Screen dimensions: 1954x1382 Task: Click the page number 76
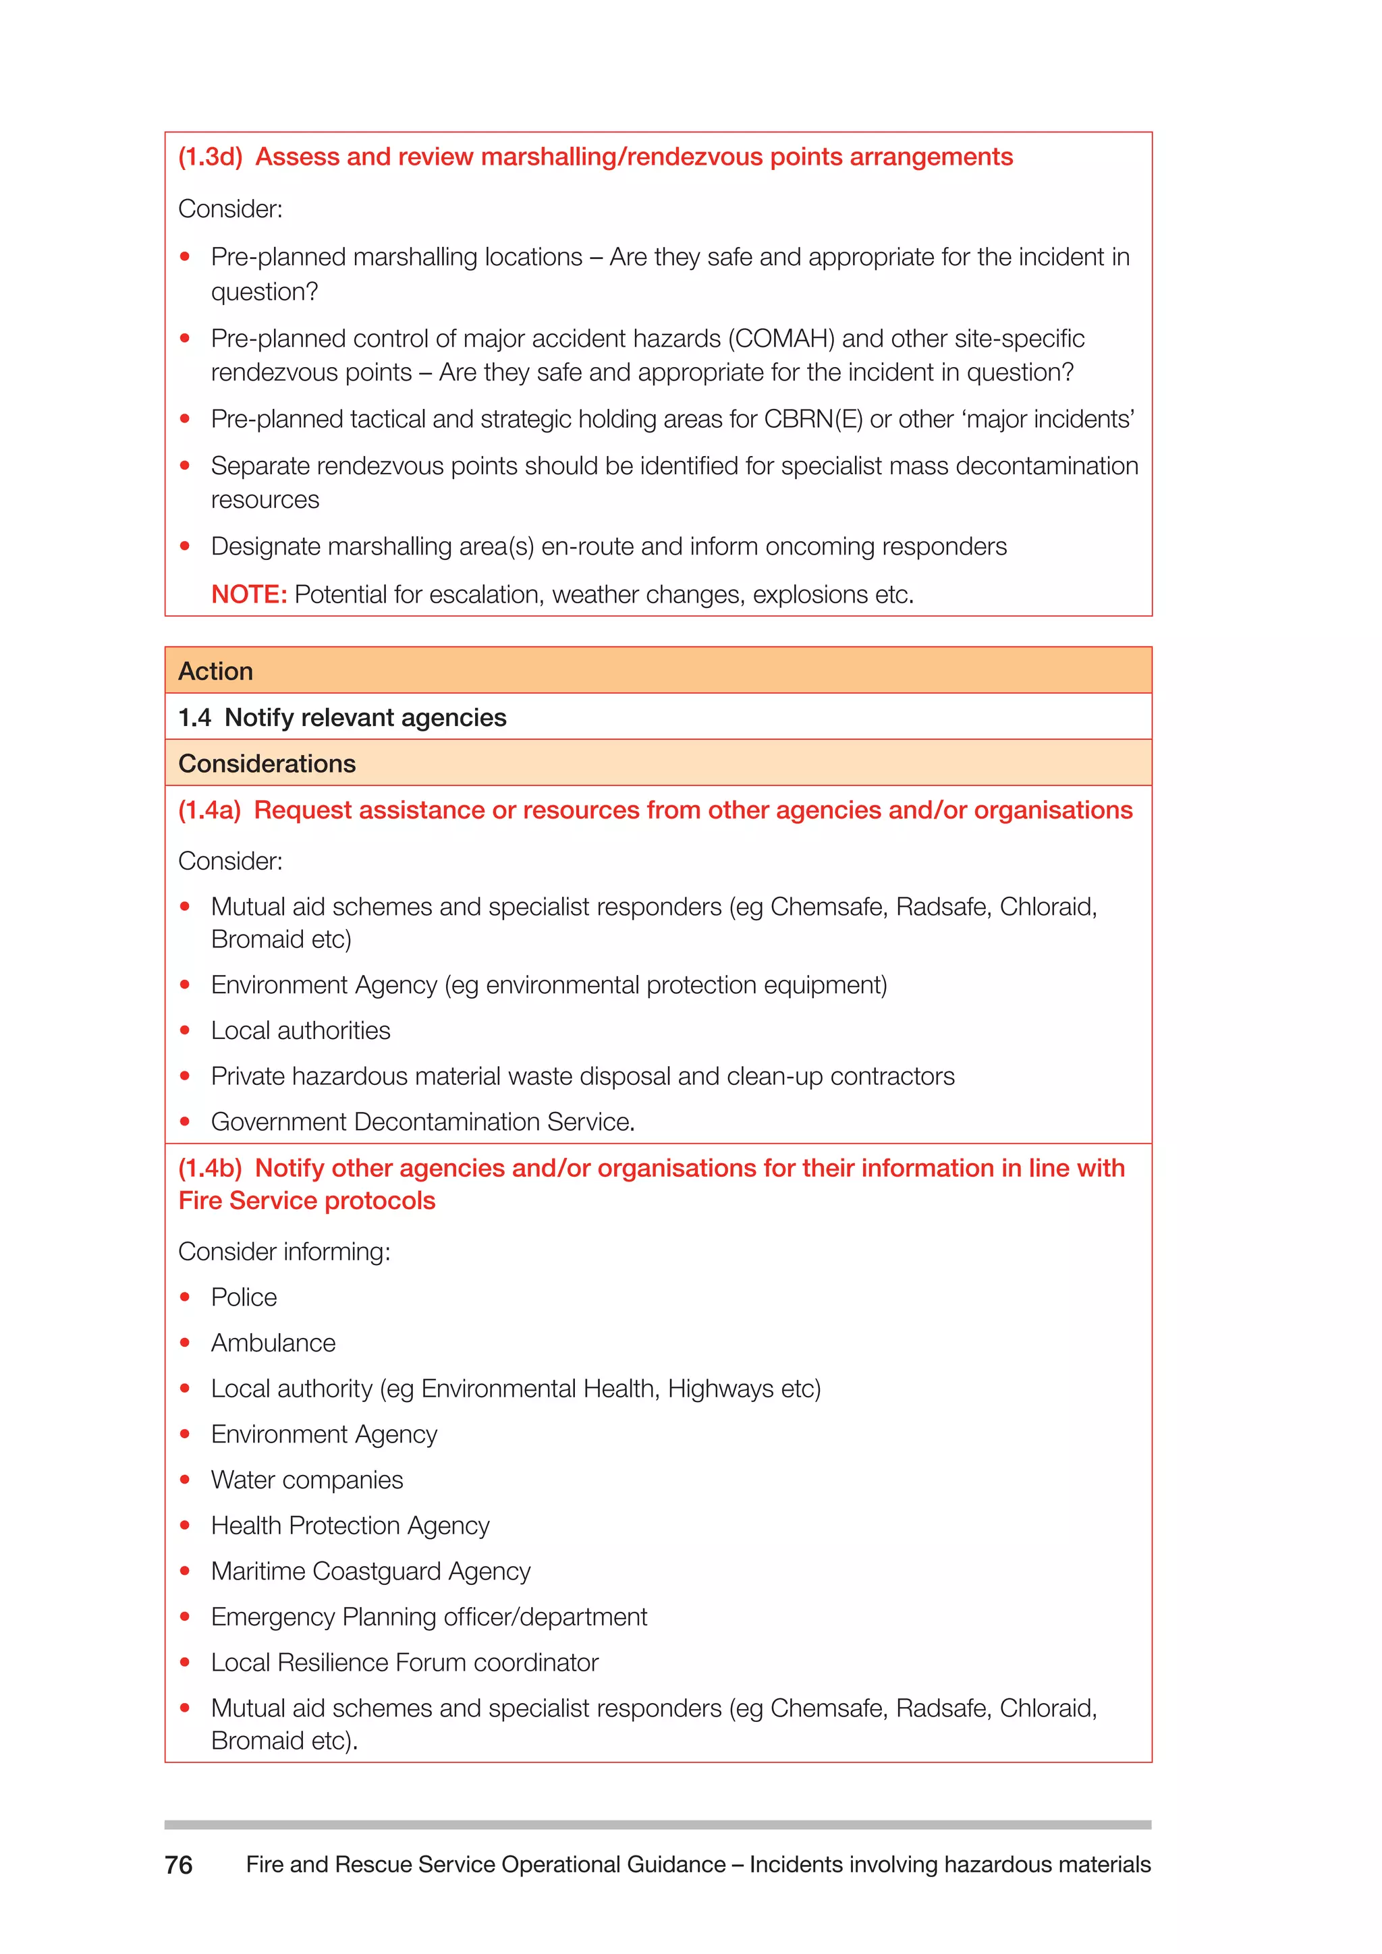[179, 1865]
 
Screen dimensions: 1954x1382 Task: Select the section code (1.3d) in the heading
[210, 157]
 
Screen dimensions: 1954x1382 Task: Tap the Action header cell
[215, 671]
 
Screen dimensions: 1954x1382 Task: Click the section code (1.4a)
[209, 810]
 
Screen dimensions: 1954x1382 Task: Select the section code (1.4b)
[210, 1169]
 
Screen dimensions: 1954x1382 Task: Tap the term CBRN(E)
[812, 420]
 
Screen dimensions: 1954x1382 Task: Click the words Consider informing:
[284, 1251]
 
